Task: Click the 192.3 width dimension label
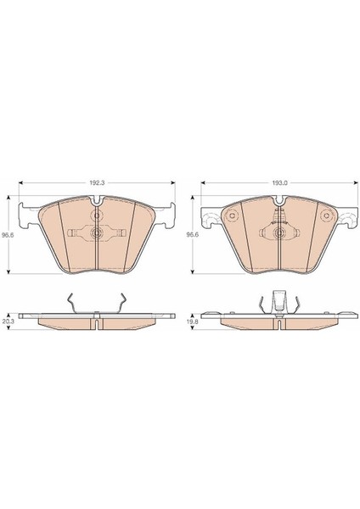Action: (97, 182)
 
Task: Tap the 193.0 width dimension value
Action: (279, 182)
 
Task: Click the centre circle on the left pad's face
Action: (97, 232)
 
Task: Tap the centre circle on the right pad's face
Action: (279, 232)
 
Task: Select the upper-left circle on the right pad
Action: (233, 215)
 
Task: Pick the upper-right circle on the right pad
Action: (326, 215)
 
